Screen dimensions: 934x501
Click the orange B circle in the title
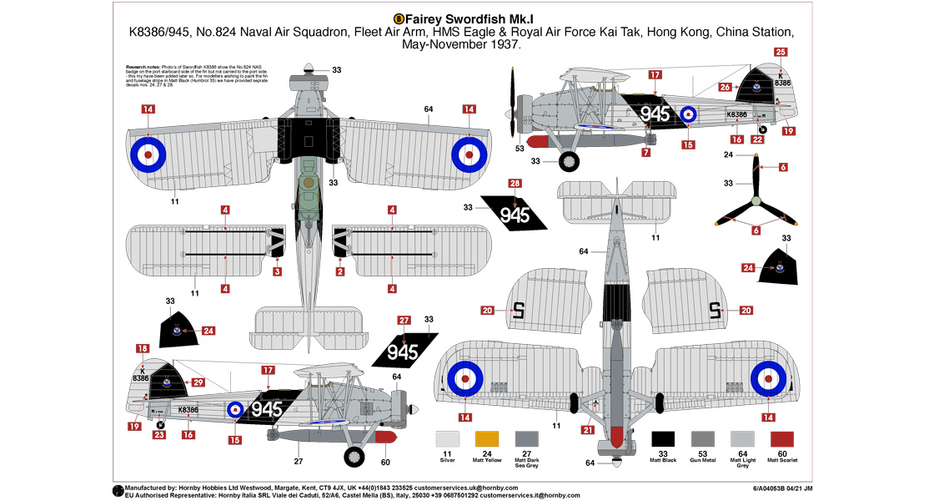pyautogui.click(x=399, y=18)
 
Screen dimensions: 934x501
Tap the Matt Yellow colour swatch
pyautogui.click(x=485, y=440)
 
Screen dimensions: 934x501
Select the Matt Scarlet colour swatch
pyautogui.click(x=782, y=440)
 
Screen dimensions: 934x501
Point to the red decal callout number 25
pyautogui.click(x=781, y=52)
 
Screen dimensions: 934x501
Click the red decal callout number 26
pyautogui.click(x=725, y=87)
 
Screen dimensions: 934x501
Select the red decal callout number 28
pyautogui.click(x=515, y=184)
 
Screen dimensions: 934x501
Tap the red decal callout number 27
pyautogui.click(x=404, y=320)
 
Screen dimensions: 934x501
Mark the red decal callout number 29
pyautogui.click(x=198, y=382)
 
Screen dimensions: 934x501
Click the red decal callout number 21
pyautogui.click(x=586, y=430)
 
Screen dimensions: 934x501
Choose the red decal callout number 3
pyautogui.click(x=277, y=271)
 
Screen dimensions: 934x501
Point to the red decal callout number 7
pyautogui.click(x=645, y=153)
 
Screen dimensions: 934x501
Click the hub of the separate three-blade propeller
pyautogui.click(x=756, y=200)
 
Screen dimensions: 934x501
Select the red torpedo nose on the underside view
pyautogui.click(x=615, y=436)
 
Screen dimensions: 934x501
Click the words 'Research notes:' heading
pyautogui.click(x=143, y=65)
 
